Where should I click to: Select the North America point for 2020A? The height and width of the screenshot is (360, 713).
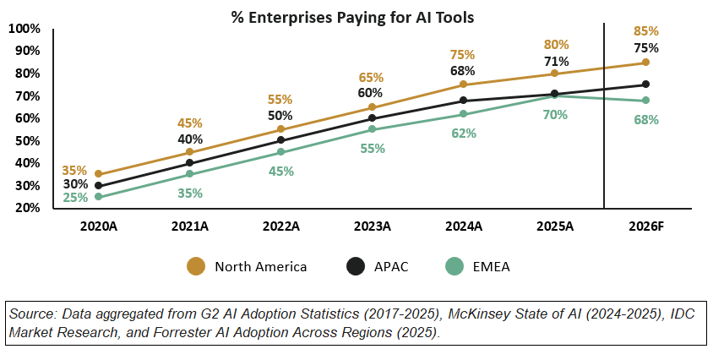pyautogui.click(x=99, y=174)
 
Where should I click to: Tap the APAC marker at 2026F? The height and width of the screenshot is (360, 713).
pyautogui.click(x=645, y=85)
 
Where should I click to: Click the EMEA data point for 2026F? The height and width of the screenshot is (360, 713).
pyautogui.click(x=645, y=101)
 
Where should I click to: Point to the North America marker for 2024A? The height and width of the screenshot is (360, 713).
pyautogui.click(x=463, y=85)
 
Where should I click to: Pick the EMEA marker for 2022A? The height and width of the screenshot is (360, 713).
pyautogui.click(x=281, y=152)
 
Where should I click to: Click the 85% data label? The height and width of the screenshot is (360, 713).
pyautogui.click(x=645, y=32)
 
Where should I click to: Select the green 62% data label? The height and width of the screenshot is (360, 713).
pyautogui.click(x=463, y=133)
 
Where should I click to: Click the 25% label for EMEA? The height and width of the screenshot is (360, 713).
pyautogui.click(x=75, y=199)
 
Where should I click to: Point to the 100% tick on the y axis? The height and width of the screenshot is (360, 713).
pyautogui.click(x=24, y=29)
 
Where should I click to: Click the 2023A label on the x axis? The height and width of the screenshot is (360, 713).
pyautogui.click(x=372, y=226)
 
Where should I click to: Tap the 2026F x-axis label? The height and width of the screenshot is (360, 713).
pyautogui.click(x=645, y=226)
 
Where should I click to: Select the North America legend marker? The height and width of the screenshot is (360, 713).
pyautogui.click(x=196, y=267)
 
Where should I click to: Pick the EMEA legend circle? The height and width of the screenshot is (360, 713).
pyautogui.click(x=455, y=267)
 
